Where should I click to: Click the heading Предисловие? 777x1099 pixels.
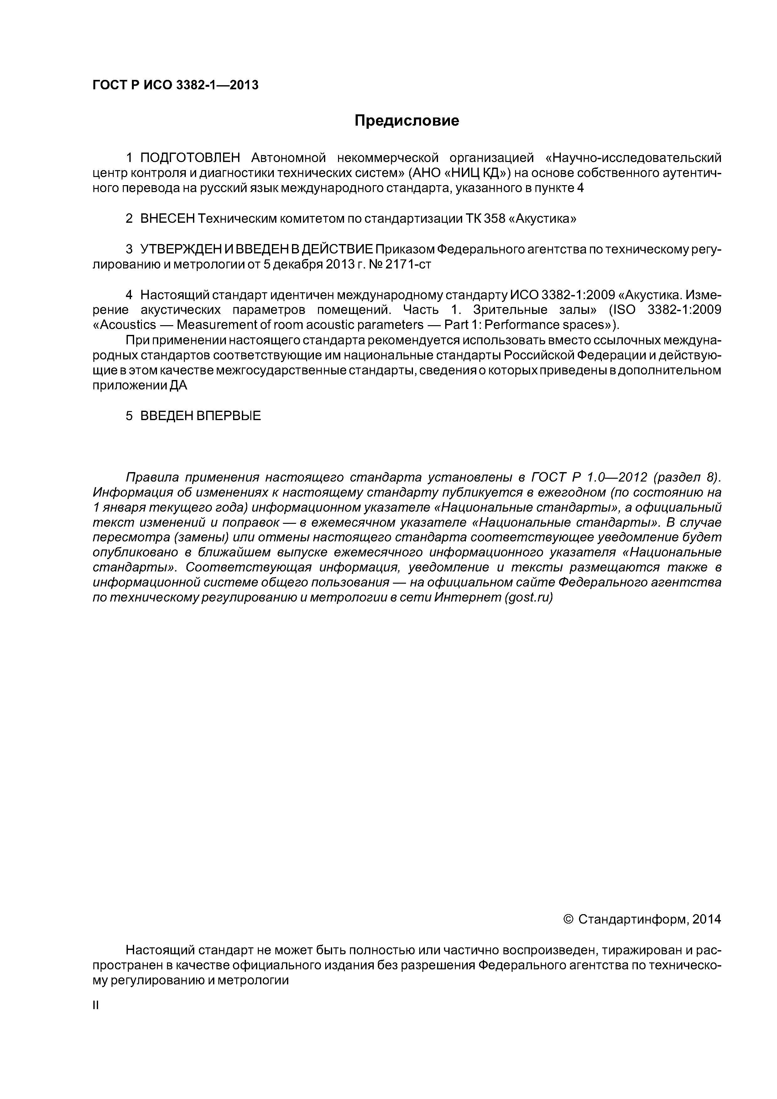click(406, 121)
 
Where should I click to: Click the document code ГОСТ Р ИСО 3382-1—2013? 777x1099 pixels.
click(175, 85)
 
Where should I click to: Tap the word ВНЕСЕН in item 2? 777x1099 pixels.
click(168, 219)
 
